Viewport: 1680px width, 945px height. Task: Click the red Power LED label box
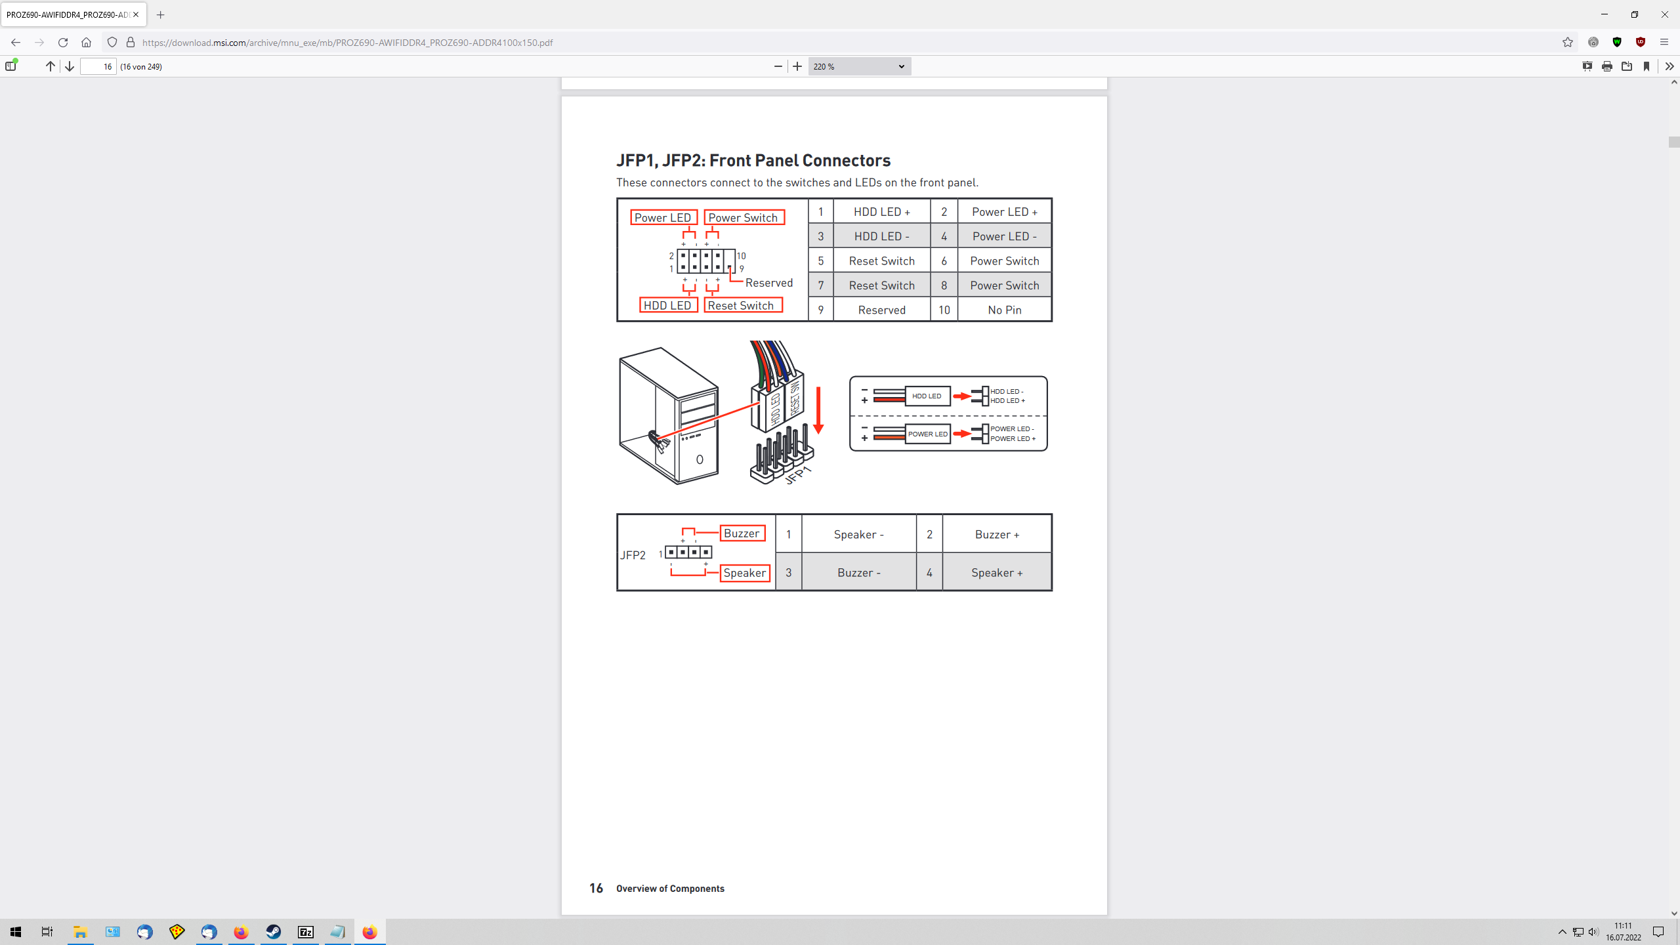(663, 217)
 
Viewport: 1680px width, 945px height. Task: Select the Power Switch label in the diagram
(744, 217)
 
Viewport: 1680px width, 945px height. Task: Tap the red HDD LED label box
(667, 305)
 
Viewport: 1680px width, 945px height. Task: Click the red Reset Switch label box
(742, 305)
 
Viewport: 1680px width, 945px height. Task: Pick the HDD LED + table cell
(881, 211)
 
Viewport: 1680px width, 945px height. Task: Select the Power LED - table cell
(1004, 236)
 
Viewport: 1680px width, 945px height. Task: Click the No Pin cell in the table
(1004, 310)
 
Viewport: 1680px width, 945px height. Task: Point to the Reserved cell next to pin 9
(881, 310)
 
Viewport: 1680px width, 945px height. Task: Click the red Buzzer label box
(742, 534)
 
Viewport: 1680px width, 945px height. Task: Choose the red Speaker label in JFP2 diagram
(744, 573)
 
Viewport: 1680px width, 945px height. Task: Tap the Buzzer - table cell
(858, 573)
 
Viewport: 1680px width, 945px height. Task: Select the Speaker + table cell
(996, 573)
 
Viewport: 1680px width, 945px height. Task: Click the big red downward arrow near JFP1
(818, 410)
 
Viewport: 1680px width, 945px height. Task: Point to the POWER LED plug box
(927, 434)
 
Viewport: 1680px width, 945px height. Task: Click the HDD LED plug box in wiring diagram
(927, 396)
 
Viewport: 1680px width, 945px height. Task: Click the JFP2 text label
(633, 555)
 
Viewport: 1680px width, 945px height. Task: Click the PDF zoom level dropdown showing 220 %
(858, 66)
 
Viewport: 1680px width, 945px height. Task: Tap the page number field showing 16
(98, 66)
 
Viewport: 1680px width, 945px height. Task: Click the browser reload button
(63, 43)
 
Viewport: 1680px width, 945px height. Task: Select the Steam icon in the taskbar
(273, 932)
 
